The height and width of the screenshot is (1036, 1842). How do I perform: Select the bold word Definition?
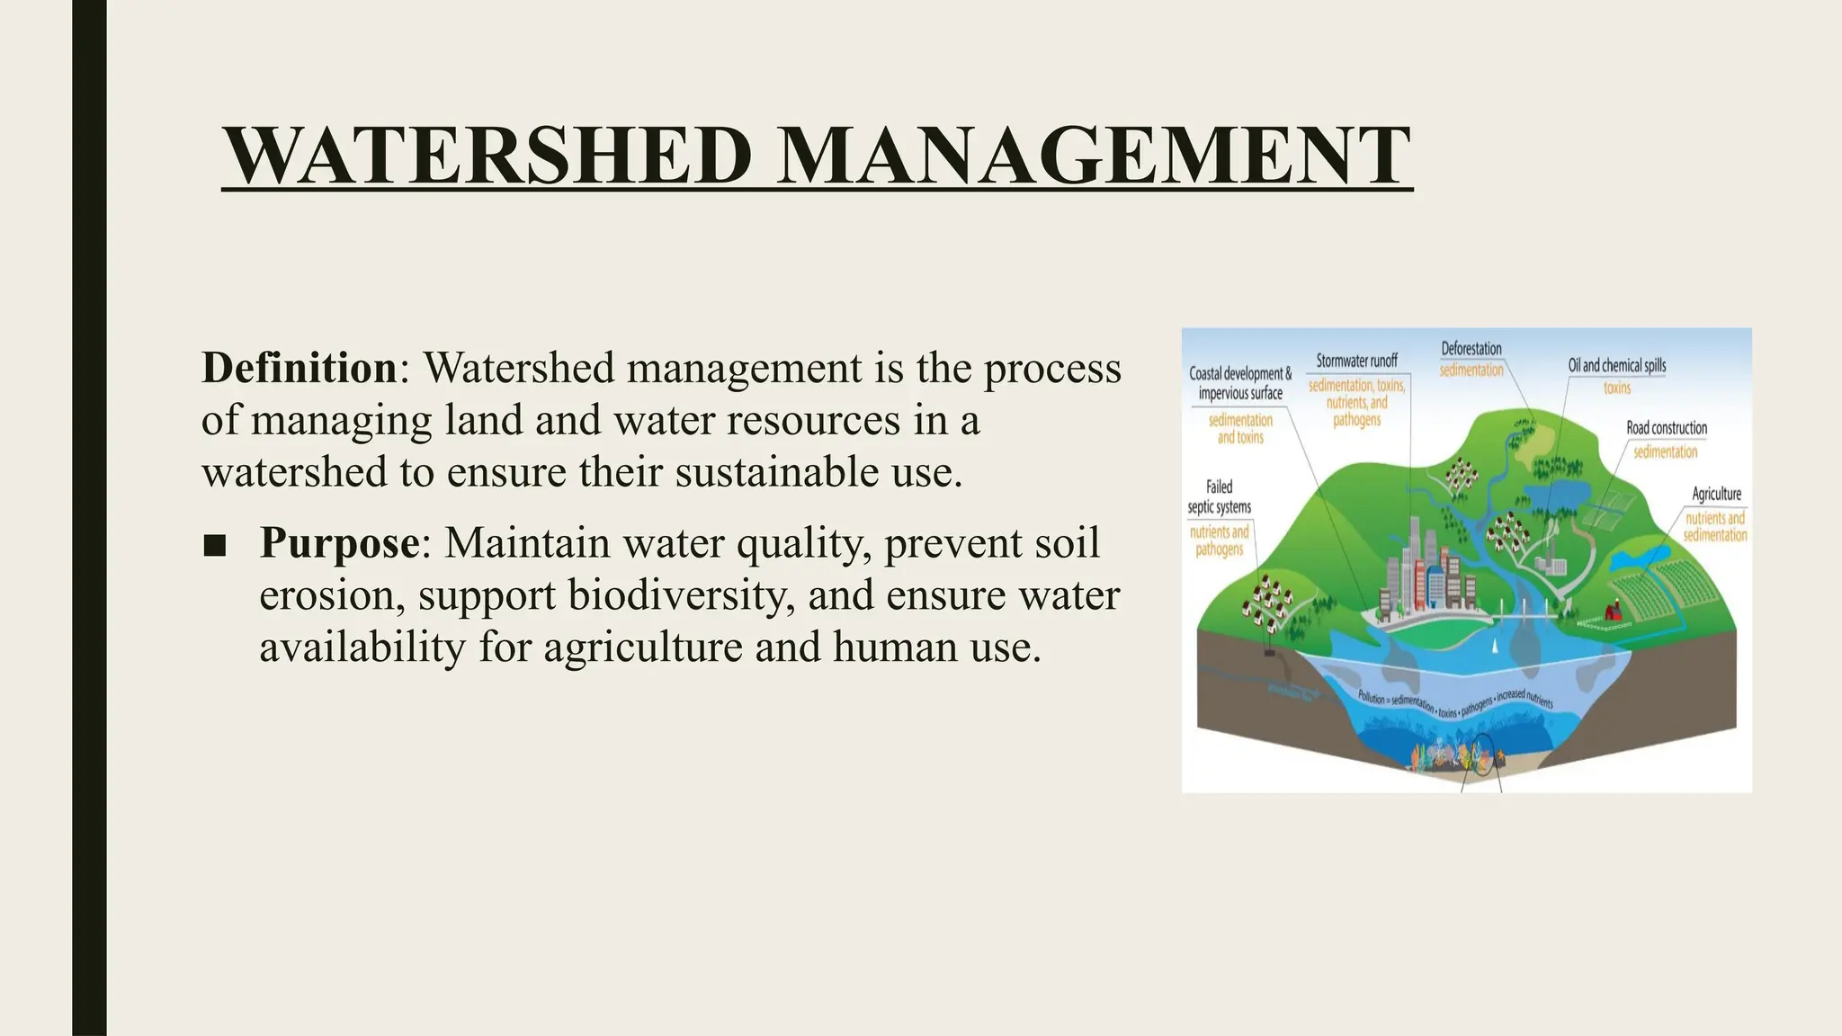pos(299,369)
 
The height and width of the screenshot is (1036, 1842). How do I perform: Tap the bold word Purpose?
pos(339,543)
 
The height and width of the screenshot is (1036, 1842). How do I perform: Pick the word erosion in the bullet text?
pos(332,596)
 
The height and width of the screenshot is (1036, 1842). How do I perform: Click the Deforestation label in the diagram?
pos(1471,349)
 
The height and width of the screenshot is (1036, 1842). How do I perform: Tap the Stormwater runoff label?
pos(1356,361)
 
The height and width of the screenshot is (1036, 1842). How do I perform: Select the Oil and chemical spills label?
pos(1617,366)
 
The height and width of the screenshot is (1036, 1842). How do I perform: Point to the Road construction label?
pos(1666,429)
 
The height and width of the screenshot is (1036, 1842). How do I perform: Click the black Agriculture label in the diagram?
pos(1716,494)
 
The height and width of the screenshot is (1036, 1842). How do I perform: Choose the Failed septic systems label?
pos(1219,497)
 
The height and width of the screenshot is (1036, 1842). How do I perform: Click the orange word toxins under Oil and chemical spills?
pos(1617,388)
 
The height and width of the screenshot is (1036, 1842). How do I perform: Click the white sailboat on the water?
pos(1495,645)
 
